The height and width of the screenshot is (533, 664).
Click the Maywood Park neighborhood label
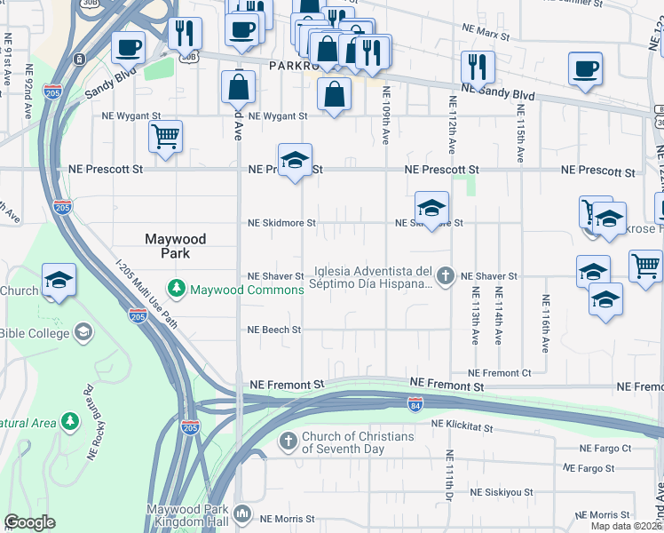pos(176,246)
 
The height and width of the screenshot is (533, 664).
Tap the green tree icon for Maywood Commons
pos(178,289)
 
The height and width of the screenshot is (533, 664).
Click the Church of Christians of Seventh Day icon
pos(289,442)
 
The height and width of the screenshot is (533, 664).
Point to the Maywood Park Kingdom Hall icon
pos(242,513)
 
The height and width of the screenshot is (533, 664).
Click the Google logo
pos(29,522)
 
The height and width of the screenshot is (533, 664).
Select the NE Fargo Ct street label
pos(605,449)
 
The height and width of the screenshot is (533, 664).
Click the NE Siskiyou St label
pos(501,491)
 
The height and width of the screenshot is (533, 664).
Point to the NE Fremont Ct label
pos(499,373)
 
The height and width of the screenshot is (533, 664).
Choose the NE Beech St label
pos(274,330)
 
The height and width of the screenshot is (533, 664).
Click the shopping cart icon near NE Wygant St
pos(165,137)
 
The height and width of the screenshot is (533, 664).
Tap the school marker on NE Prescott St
pos(295,160)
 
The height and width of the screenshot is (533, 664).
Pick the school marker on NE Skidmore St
pos(431,208)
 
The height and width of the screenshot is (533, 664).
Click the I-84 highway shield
pos(415,404)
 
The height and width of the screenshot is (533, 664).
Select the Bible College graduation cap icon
pos(83,332)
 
